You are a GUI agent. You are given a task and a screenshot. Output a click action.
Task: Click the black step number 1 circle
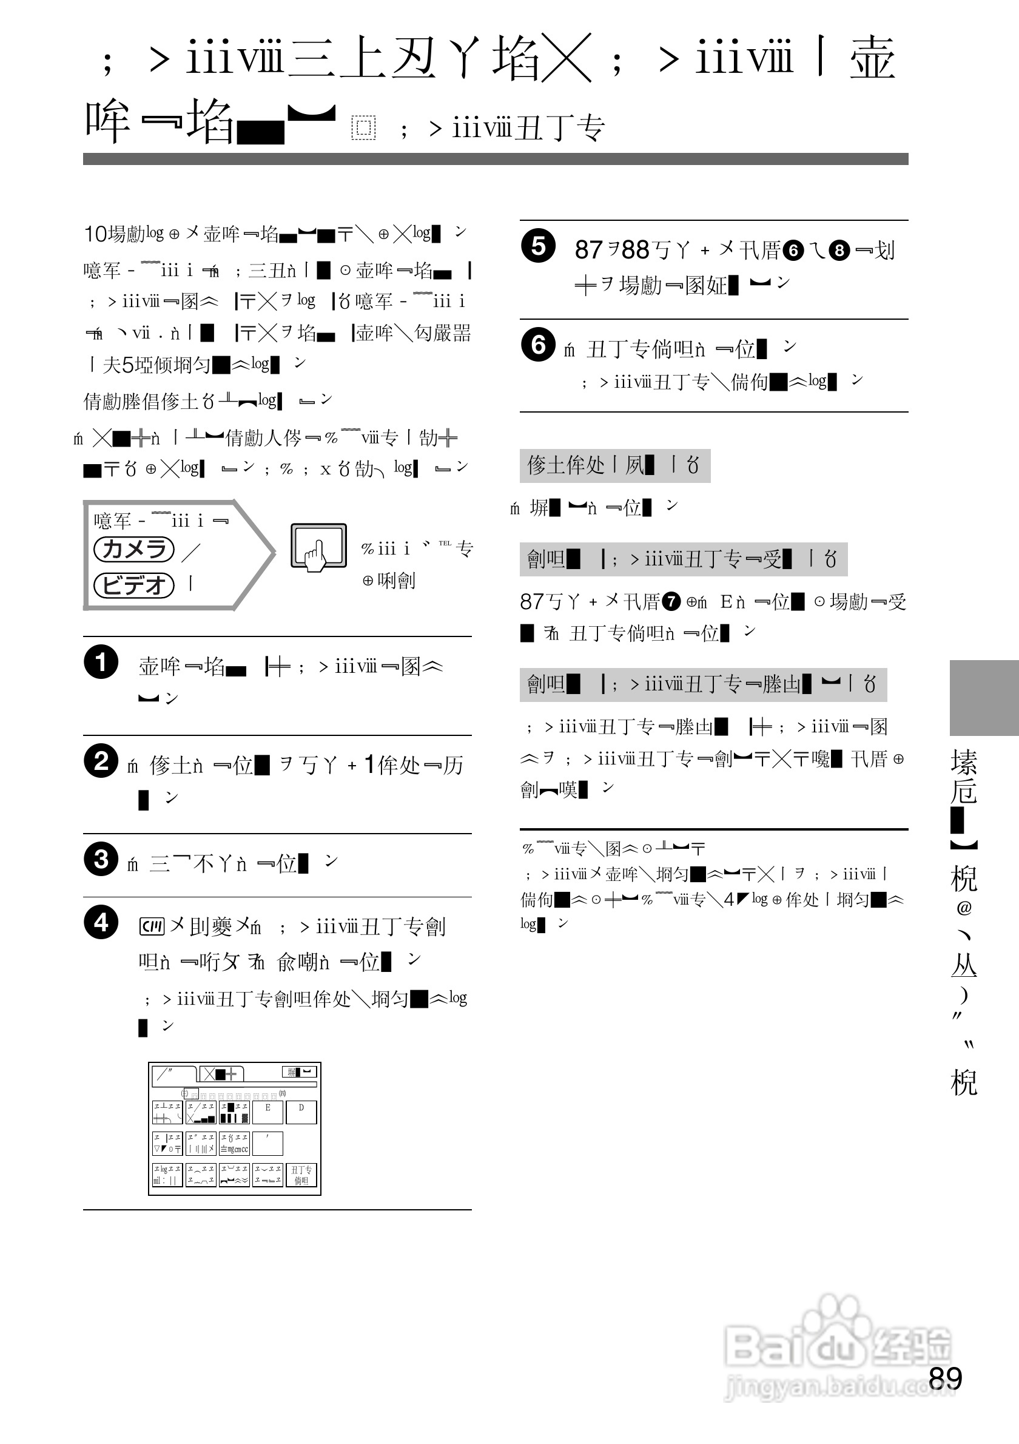pos(101,661)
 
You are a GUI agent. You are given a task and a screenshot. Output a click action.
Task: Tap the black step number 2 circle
pos(101,761)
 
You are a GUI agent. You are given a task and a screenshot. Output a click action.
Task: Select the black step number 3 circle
pos(101,859)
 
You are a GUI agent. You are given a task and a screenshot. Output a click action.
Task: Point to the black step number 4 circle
pos(101,923)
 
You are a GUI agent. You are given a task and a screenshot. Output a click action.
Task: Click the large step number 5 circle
pos(538,246)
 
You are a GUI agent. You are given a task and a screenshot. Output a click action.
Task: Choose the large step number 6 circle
pos(538,345)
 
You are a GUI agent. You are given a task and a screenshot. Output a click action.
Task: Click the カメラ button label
pos(134,549)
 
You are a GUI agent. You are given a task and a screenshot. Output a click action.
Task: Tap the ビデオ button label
pos(134,585)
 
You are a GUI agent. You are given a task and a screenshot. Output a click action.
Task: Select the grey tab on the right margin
pos(984,698)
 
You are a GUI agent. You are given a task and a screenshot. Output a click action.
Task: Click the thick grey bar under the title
pos(496,159)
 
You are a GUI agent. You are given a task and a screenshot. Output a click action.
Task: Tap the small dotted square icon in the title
pos(363,127)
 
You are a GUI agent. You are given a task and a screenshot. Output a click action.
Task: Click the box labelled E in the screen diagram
pos(268,1112)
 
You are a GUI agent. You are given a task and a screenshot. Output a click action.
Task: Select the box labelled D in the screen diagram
pos(301,1112)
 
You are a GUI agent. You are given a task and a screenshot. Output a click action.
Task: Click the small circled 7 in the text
pos(671,602)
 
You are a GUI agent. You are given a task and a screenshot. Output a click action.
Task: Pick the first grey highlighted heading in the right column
pos(614,465)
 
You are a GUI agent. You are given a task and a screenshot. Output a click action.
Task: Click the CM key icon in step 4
pos(152,926)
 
